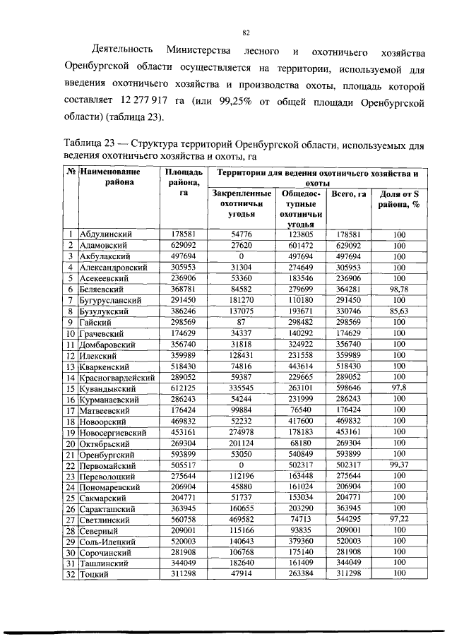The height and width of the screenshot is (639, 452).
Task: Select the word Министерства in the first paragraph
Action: (196, 52)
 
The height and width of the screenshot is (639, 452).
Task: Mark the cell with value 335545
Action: (241, 388)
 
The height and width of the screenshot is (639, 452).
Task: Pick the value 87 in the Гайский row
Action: (241, 322)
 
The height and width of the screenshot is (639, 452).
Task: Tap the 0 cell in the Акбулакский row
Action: (241, 256)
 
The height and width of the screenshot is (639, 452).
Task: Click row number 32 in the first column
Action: (71, 574)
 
